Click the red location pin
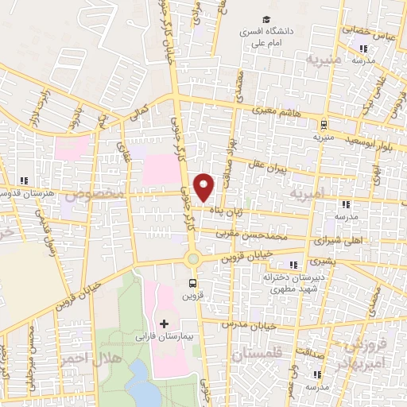[205, 187]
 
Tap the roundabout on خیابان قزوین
[192, 258]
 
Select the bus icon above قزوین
[192, 282]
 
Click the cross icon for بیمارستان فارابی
[165, 324]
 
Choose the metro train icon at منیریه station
[324, 124]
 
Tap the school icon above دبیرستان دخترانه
[293, 265]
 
